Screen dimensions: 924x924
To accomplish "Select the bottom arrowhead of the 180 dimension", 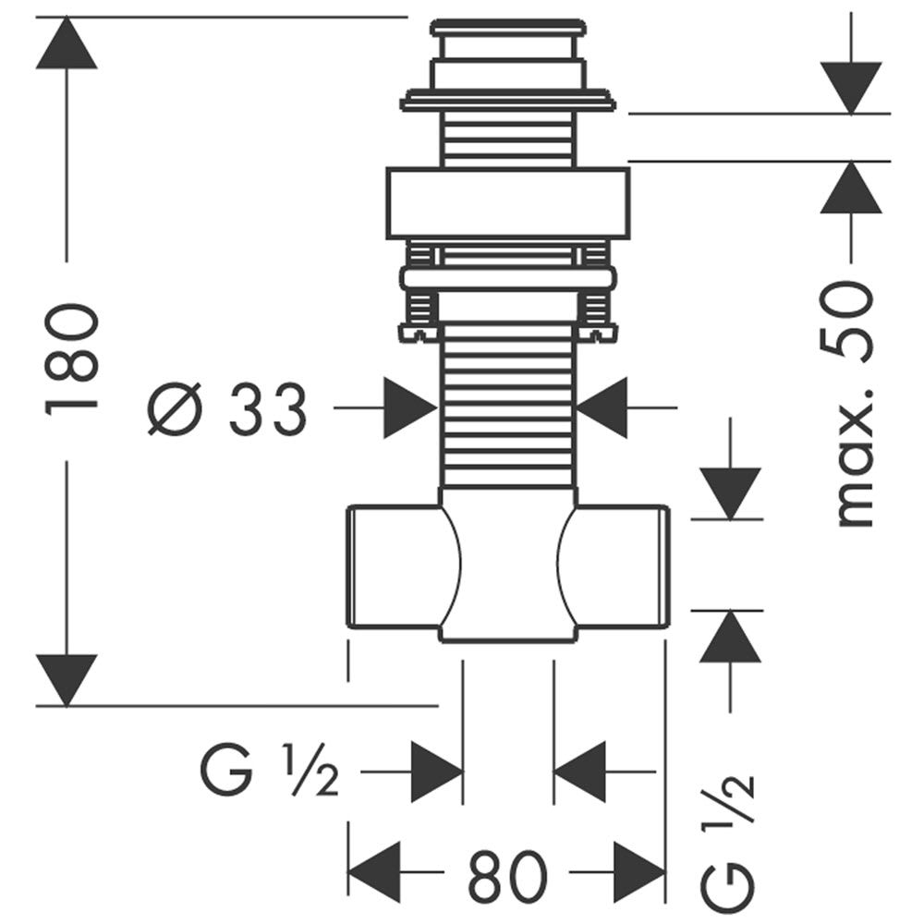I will pos(67,679).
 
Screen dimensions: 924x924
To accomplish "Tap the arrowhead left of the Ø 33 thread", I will pos(409,407).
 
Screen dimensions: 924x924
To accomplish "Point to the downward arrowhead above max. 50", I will pos(852,87).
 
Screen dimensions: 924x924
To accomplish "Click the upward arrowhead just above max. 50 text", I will pos(852,188).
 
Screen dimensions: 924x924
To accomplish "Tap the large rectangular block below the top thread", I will pos(507,203).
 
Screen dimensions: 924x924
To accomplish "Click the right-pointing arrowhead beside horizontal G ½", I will pos(435,772).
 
